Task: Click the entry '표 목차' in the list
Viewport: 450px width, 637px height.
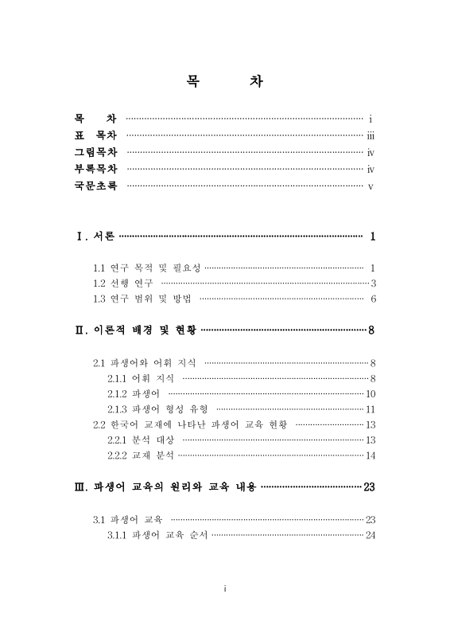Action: [x=95, y=135]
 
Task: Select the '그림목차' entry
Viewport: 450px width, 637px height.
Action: [x=95, y=152]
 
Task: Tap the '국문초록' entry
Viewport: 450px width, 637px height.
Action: [x=95, y=186]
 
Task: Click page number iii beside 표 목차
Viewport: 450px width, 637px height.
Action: [x=370, y=135]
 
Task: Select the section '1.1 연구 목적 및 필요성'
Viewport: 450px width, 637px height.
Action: [x=147, y=268]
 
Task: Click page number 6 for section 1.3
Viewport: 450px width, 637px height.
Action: [x=372, y=299]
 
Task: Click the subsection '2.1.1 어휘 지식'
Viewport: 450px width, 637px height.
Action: [x=141, y=378]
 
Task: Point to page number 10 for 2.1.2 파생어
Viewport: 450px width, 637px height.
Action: [x=370, y=393]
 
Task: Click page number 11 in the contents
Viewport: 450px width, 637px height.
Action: [x=370, y=409]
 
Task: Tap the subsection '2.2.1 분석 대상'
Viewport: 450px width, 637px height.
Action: [x=141, y=440]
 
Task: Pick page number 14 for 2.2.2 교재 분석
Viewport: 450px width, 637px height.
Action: [x=370, y=455]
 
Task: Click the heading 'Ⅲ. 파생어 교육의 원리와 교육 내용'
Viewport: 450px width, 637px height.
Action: [x=165, y=487]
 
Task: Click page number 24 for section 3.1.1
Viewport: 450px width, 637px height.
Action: [x=370, y=534]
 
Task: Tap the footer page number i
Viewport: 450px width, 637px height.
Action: [x=226, y=588]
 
